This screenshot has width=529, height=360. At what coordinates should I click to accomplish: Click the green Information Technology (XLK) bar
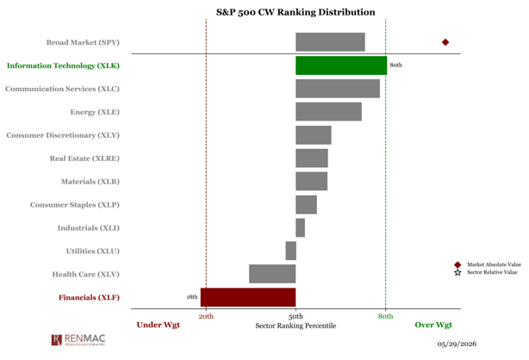pos(341,65)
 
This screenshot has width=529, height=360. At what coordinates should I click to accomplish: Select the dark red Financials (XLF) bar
pos(248,297)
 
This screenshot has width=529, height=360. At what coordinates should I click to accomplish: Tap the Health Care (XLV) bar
pos(272,274)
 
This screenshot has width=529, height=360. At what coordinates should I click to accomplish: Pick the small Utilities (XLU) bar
pos(291,251)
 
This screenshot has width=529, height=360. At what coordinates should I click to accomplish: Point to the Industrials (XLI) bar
pos(301,227)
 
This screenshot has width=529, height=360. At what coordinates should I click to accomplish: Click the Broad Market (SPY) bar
pos(330,42)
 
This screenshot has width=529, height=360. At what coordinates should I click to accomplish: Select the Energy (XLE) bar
pos(328,112)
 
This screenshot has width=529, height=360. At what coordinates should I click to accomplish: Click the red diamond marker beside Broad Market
pos(445,42)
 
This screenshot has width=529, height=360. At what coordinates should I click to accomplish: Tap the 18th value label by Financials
pos(192,297)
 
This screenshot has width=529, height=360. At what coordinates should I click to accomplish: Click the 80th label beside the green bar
pos(395,65)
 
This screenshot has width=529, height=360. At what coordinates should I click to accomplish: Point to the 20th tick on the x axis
pos(206,316)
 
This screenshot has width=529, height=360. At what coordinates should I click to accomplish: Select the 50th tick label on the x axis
pos(296,316)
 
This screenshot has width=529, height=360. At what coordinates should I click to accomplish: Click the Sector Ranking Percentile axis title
pos(296,326)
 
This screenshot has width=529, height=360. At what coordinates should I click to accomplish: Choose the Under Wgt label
pos(159,326)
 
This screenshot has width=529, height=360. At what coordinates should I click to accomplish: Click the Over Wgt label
pos(433,326)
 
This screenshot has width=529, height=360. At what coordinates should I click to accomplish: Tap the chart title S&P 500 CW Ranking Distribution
pos(296,12)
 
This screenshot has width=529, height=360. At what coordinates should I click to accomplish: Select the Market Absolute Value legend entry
pos(488,264)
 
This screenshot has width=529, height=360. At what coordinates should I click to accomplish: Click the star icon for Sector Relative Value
pos(457,273)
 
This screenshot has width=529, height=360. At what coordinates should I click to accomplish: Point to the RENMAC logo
pos(78,339)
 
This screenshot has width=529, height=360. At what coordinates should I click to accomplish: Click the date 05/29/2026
pos(457,344)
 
